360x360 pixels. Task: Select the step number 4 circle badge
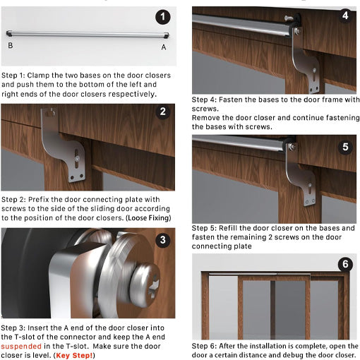344,16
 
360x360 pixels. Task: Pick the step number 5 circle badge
344,147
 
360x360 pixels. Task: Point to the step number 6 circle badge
344,265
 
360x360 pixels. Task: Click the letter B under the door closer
11,46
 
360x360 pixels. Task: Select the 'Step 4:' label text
205,100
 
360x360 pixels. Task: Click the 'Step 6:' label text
205,347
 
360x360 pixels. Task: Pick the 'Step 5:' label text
205,229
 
